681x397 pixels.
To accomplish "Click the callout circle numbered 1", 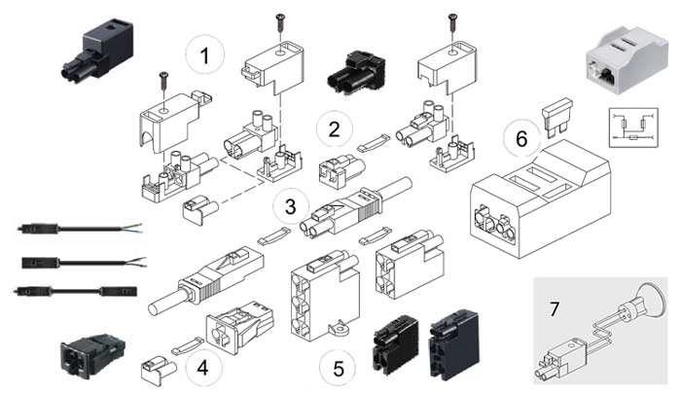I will pos(204,55).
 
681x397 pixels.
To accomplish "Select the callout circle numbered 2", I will pos(335,127).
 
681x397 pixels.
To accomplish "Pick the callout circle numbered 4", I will pos(202,370).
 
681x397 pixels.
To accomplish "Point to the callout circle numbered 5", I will pos(337,370).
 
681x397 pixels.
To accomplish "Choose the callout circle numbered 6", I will pos(521,139).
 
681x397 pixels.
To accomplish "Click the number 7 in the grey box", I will pos(555,309).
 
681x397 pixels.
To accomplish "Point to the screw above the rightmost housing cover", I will pos(450,19).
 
